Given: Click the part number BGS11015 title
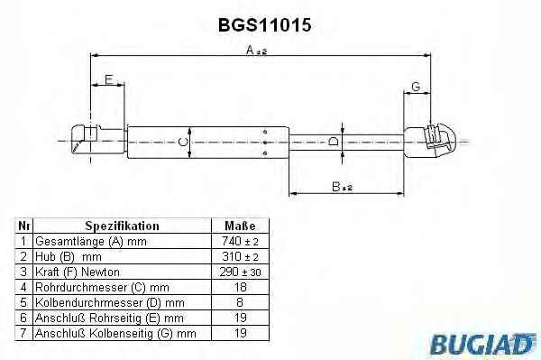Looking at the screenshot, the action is point(264,25).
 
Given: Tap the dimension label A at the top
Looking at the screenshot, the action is point(256,51).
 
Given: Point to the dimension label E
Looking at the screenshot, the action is point(109,79).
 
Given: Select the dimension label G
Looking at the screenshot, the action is point(416,87).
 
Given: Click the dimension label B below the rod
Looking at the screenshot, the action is point(342,187).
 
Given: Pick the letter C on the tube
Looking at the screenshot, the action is point(183,142).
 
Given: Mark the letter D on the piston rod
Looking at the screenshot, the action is point(334,141).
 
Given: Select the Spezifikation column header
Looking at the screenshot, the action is point(122,226).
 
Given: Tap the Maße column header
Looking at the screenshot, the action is point(240,226).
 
